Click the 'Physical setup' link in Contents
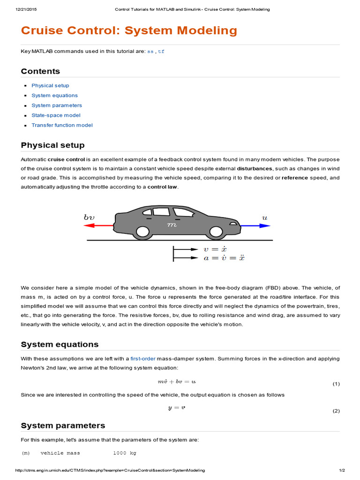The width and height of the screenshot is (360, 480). click(x=50, y=85)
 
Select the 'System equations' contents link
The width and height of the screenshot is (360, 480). click(x=54, y=95)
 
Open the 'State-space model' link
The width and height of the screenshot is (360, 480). click(x=56, y=115)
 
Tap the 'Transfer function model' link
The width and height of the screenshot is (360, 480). click(x=62, y=125)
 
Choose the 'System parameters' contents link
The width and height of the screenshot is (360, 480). click(x=57, y=105)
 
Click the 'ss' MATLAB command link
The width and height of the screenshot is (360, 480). click(x=150, y=52)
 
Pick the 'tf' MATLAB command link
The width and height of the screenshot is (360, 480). click(x=161, y=52)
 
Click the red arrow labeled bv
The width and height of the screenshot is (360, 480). click(x=98, y=225)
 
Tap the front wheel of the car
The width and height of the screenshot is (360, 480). click(x=216, y=232)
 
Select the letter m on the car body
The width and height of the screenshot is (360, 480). click(x=172, y=225)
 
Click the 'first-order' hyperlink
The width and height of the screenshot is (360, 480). click(x=142, y=359)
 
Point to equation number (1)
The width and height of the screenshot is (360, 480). click(x=336, y=384)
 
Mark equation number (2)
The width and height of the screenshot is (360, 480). click(x=336, y=411)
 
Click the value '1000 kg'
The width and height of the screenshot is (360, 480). click(x=125, y=453)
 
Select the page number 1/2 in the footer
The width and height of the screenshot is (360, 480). click(x=342, y=470)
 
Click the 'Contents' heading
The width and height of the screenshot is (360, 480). click(x=40, y=71)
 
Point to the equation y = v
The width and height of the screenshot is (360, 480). click(x=177, y=408)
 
